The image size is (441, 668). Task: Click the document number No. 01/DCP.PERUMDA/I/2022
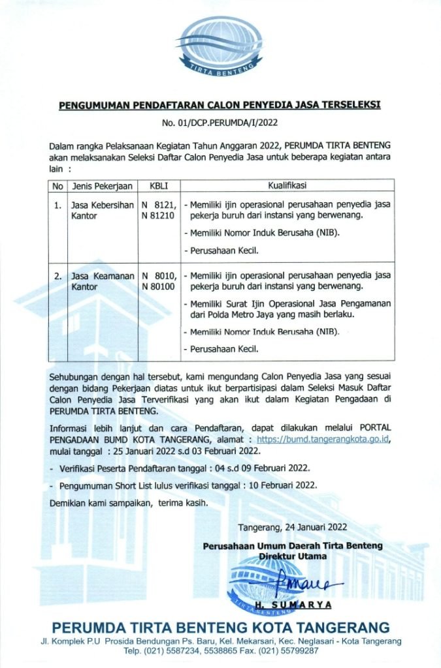point(220,123)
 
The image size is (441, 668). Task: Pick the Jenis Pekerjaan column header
point(103,186)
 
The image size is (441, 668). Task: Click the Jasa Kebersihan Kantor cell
point(101,209)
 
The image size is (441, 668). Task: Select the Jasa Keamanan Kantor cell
point(101,281)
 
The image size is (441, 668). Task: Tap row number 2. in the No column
point(58,276)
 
